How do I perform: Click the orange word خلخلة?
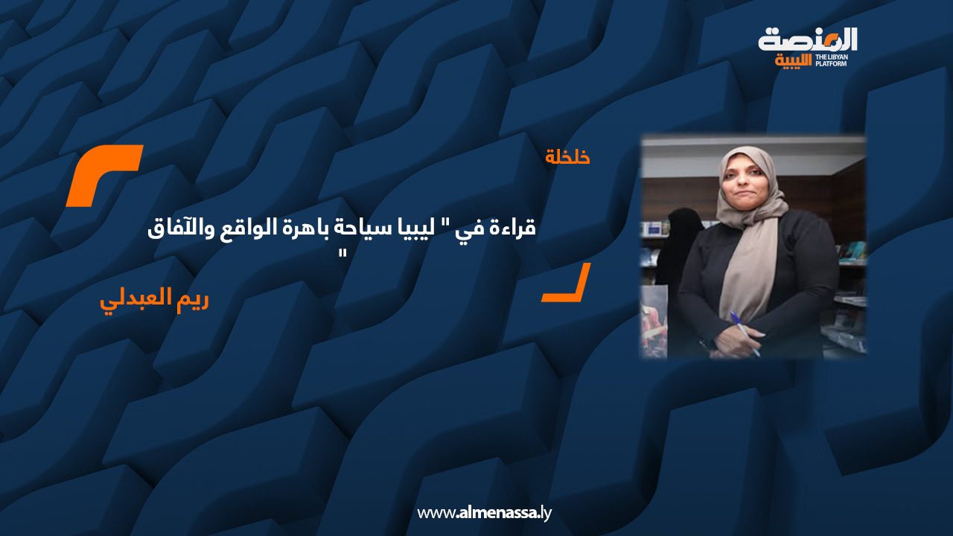tap(567, 157)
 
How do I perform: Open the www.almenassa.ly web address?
tap(484, 513)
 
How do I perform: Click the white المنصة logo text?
tap(808, 39)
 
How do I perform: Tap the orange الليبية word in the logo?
tap(793, 60)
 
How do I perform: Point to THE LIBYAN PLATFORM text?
tap(832, 60)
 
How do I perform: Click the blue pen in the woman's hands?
tap(745, 334)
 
